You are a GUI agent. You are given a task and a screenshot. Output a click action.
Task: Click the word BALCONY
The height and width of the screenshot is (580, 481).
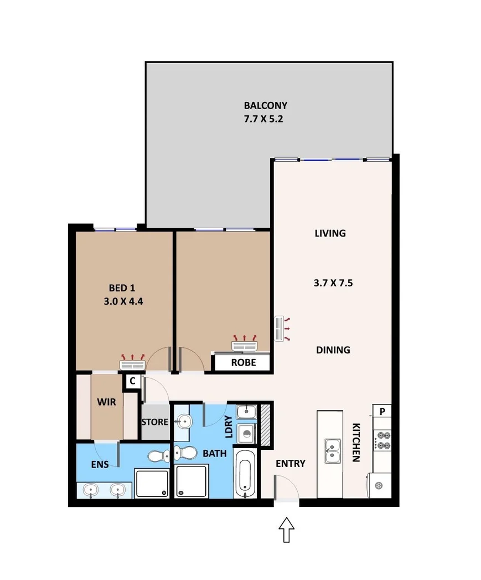(266, 105)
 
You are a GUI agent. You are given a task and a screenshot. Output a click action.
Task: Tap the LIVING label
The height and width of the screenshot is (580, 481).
(330, 233)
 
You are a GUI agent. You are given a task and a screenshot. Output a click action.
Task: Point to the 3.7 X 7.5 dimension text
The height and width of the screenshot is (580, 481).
(333, 283)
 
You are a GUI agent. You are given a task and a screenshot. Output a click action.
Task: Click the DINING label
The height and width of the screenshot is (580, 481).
(333, 350)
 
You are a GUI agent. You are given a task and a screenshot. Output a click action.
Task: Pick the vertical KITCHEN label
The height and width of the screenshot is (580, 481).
(357, 442)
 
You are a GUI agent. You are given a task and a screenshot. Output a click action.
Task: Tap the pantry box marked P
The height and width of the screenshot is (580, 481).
(382, 411)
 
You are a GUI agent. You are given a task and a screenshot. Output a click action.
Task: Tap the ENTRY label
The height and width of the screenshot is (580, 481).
(290, 464)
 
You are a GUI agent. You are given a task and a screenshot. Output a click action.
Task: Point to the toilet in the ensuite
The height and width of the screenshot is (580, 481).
(159, 455)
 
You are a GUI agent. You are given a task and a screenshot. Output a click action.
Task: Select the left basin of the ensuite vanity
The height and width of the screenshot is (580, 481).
(91, 490)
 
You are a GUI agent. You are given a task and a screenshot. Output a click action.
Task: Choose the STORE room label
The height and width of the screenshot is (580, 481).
(154, 422)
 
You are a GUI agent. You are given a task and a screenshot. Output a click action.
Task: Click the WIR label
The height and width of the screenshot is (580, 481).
(106, 402)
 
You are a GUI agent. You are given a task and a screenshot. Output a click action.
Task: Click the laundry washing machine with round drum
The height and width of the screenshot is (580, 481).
(245, 432)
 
